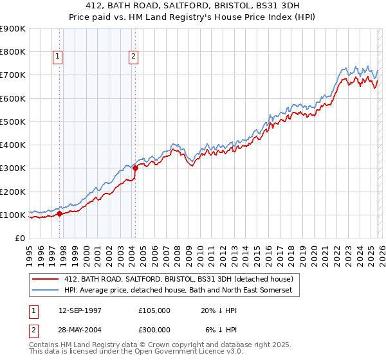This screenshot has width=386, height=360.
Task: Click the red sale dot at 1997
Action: coord(60,213)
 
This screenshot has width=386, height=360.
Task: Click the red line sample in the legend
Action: coord(46,279)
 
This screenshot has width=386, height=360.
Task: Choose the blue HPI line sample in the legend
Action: coord(46,291)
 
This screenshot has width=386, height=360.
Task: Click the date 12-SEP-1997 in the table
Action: coord(79,310)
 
